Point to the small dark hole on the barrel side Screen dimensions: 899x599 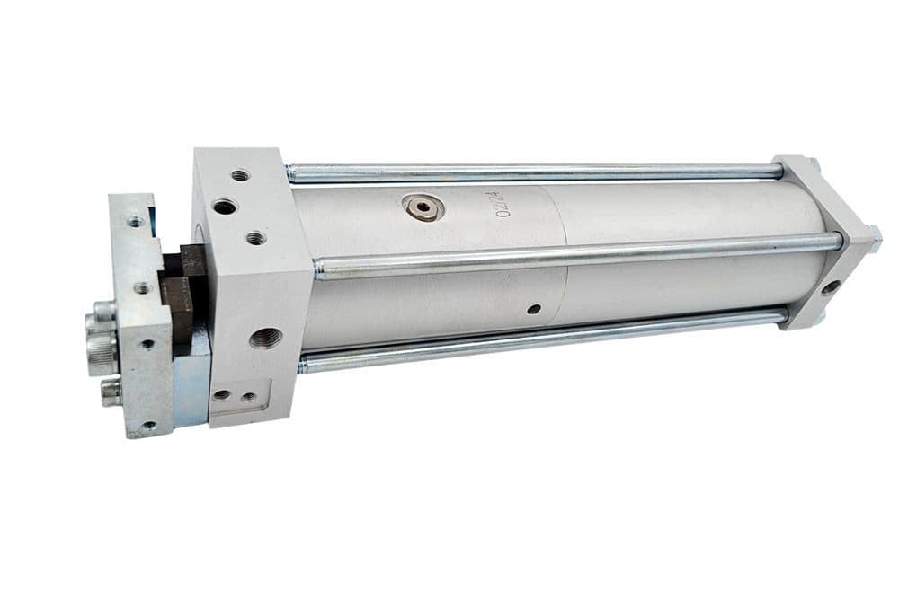pos(534,309)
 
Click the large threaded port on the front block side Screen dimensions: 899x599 pos(265,338)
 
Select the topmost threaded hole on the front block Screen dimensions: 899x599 pos(241,175)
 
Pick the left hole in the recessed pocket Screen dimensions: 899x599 pos(222,394)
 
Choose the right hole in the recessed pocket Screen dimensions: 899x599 pos(248,396)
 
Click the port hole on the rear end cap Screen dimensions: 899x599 pos(830,286)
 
